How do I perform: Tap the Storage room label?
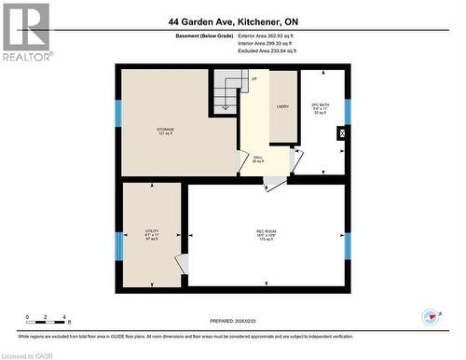[x=166, y=132]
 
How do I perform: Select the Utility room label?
[x=151, y=234]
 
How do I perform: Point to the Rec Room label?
[x=267, y=234]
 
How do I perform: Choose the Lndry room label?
[x=282, y=107]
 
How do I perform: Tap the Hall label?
[x=257, y=159]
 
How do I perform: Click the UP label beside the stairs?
[x=254, y=79]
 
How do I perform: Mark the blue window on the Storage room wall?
[x=118, y=113]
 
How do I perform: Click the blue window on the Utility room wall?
[x=118, y=246]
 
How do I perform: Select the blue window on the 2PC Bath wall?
[x=348, y=111]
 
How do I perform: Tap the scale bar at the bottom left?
[x=46, y=319]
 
